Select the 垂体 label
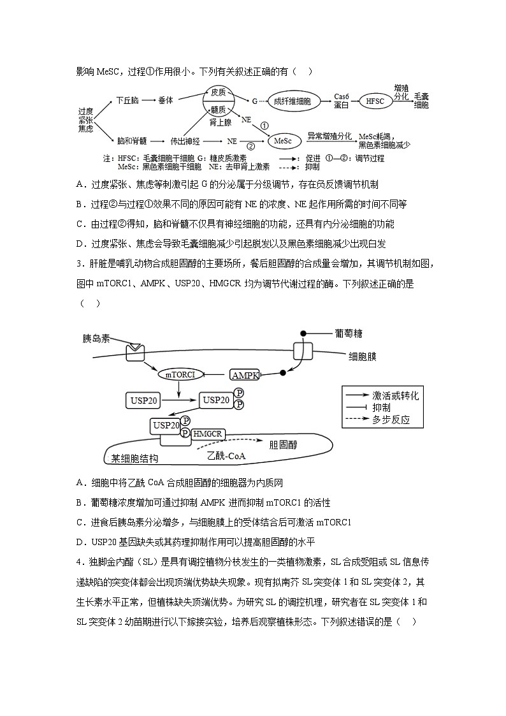coord(166,100)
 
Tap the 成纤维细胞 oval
coord(293,101)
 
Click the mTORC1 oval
coord(180,375)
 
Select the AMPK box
coord(245,376)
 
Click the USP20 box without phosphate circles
coord(141,400)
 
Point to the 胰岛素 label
coord(96,337)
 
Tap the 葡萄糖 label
coord(349,333)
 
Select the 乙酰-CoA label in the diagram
coord(227,456)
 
